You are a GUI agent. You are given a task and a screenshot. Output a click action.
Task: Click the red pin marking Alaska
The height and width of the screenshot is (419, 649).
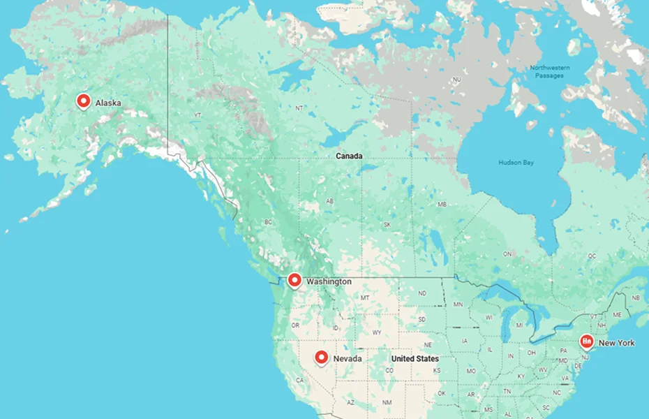click(84, 101)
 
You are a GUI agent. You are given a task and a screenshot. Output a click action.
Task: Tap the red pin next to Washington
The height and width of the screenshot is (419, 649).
click(294, 280)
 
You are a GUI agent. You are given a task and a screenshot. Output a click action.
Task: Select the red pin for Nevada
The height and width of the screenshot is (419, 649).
click(321, 357)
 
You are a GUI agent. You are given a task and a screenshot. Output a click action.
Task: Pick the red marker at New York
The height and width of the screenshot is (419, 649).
click(586, 341)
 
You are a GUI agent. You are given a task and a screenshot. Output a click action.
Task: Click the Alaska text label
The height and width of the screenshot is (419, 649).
click(108, 103)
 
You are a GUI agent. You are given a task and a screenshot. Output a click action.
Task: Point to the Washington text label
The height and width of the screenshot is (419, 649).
click(329, 281)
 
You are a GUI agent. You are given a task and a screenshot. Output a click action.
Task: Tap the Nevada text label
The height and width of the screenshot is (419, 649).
click(347, 358)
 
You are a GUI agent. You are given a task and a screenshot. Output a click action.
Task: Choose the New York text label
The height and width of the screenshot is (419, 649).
click(617, 343)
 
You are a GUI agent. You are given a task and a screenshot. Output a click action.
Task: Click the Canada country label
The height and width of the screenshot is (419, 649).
click(349, 156)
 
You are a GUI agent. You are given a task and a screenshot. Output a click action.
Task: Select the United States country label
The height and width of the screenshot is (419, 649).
click(415, 358)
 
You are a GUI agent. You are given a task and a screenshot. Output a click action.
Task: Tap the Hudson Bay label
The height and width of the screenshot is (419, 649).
click(516, 162)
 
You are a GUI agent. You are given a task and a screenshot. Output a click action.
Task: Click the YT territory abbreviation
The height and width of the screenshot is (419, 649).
click(197, 115)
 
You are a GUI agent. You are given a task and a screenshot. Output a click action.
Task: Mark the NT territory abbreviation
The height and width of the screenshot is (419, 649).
click(299, 108)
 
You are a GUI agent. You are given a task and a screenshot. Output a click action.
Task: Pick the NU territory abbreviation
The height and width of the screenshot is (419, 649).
click(457, 80)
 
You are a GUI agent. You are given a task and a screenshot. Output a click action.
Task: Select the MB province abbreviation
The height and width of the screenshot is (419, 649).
click(442, 205)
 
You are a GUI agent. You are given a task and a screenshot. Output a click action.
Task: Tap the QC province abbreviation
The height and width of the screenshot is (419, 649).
click(592, 256)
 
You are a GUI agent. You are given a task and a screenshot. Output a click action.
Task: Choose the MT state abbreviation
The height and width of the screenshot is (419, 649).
click(364, 298)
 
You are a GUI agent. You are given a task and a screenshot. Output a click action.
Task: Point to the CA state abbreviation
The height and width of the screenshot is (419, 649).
click(301, 381)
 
